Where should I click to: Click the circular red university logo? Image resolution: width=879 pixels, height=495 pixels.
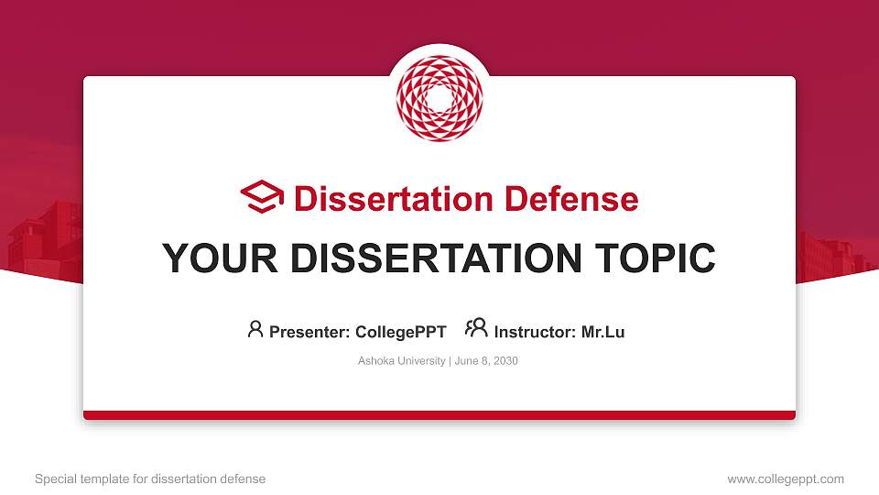439,99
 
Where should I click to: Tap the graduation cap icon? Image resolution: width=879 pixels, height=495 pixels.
262,197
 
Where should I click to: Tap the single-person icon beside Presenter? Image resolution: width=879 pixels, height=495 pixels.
255,329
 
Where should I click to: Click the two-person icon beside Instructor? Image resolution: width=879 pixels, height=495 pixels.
476,328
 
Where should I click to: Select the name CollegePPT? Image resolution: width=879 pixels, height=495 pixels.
400,332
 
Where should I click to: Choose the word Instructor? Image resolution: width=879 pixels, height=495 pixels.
535,332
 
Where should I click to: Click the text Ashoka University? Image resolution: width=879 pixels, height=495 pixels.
401,361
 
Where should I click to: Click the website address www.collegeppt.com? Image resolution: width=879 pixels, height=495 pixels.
786,478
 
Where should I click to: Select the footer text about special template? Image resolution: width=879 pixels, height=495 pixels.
150,478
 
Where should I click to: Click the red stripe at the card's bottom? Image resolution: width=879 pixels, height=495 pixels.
439,415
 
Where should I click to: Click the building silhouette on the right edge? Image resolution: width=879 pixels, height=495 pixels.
833,257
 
